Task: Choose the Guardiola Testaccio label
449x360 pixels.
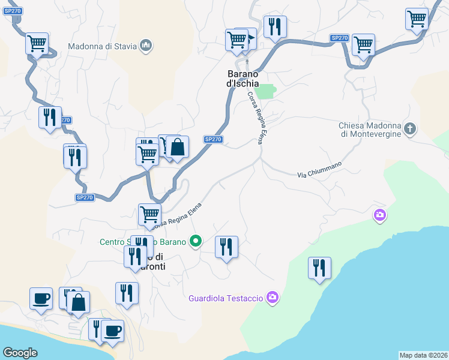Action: (226, 298)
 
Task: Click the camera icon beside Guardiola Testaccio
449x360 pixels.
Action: (273, 298)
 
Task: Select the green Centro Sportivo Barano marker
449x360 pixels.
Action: (195, 242)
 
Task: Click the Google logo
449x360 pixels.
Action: (20, 353)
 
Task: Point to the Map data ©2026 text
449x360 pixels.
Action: (423, 355)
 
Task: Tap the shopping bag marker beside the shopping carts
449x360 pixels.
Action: (178, 147)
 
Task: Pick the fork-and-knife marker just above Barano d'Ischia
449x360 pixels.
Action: (275, 26)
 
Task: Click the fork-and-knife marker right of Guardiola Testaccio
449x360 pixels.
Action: (319, 268)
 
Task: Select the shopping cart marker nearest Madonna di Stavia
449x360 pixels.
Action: (37, 43)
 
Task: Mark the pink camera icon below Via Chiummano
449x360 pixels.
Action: (379, 215)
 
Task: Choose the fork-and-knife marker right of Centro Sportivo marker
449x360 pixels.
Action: (226, 247)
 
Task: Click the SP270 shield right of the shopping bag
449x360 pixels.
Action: (213, 139)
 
